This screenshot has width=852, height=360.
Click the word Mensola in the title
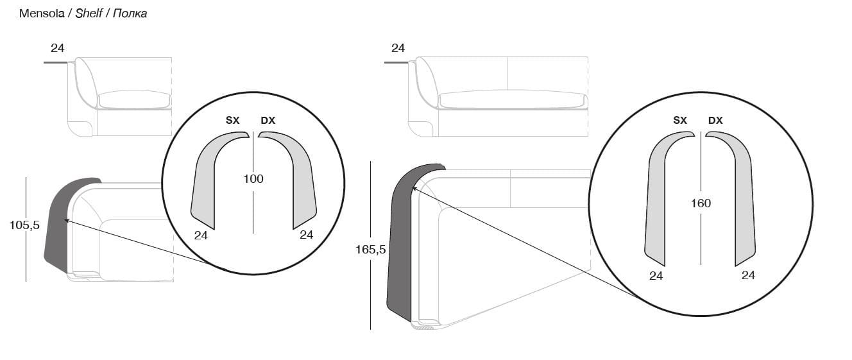(x=42, y=13)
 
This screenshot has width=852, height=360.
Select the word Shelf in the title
(x=89, y=13)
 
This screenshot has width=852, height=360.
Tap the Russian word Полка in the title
(x=130, y=13)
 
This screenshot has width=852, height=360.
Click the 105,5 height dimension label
(x=24, y=225)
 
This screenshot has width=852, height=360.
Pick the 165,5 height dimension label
(x=370, y=250)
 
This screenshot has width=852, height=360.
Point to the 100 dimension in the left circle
(x=253, y=179)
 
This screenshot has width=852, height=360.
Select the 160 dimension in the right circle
(x=701, y=203)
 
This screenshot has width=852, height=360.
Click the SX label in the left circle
(x=232, y=121)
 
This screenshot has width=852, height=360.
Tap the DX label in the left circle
(x=268, y=121)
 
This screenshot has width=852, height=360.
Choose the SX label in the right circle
(x=680, y=121)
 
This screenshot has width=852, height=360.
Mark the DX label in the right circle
(x=715, y=121)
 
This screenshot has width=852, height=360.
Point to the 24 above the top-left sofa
(x=58, y=48)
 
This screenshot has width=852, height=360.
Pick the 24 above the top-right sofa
(x=398, y=48)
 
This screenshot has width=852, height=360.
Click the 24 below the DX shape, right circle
(x=748, y=275)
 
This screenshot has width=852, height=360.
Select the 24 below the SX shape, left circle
(x=201, y=236)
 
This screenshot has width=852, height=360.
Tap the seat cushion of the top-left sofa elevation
(x=134, y=99)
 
